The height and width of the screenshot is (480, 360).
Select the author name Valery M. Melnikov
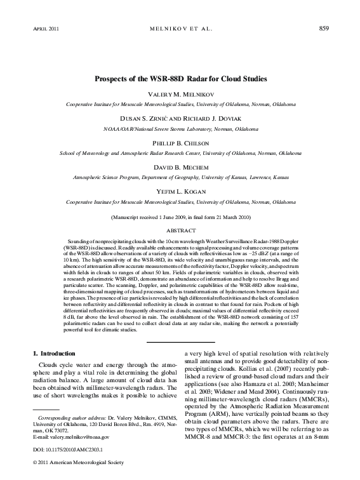(180, 93)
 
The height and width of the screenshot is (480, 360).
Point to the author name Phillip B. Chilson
(180, 144)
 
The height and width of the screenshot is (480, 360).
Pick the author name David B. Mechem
(180, 170)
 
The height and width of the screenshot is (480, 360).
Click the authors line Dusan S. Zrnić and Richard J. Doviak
(180, 119)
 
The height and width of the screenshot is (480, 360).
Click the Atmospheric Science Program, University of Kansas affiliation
(180, 178)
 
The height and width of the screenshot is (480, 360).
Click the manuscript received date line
(180, 217)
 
